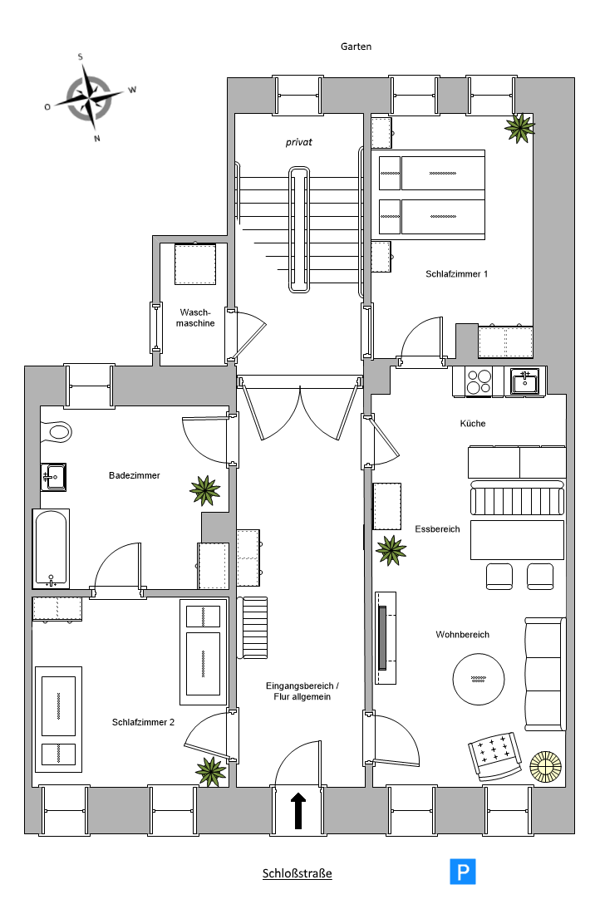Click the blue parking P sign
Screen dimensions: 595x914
point(463,872)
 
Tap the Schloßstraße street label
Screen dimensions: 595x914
point(297,873)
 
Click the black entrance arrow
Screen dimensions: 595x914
point(297,810)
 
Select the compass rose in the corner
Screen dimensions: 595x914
point(90,97)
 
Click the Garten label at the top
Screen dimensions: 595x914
point(356,47)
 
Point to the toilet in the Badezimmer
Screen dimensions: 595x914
point(56,432)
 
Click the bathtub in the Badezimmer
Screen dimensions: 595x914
point(52,548)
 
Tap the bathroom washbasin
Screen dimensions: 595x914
point(53,477)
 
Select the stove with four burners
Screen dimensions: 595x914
point(479,382)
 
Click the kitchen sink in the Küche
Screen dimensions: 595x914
point(525,381)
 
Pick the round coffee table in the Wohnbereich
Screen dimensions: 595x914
point(479,679)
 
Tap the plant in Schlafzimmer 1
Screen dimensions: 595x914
point(519,128)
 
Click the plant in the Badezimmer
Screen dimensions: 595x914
point(205,490)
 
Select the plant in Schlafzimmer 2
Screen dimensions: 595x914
point(210,771)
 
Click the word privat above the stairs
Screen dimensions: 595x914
point(299,142)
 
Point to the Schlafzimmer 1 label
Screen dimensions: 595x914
point(456,274)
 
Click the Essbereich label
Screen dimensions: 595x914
point(437,529)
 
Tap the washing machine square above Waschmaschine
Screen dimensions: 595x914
point(195,263)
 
